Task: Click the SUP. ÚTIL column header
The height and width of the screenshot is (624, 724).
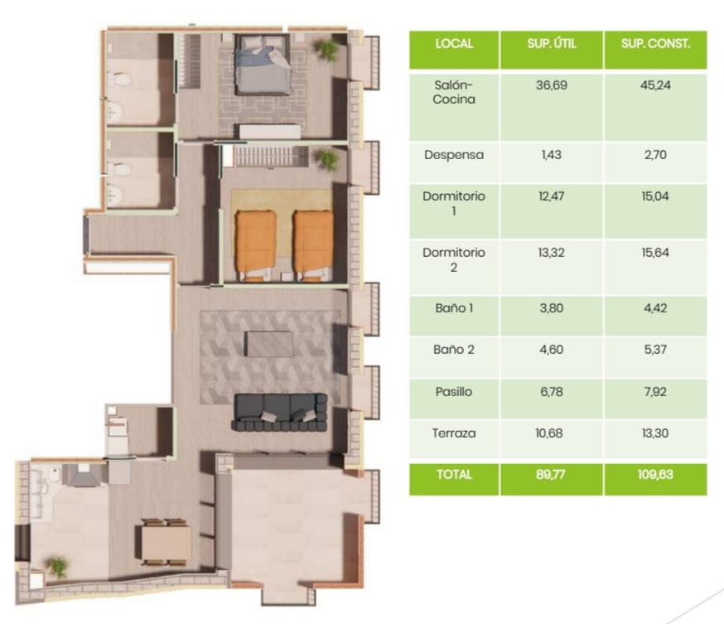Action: tap(552, 44)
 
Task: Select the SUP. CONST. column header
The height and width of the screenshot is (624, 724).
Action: tap(655, 44)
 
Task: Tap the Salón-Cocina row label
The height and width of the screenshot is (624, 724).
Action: tap(454, 92)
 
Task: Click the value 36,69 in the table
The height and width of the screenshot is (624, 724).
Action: tap(552, 85)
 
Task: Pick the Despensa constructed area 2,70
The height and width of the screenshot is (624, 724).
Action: tap(655, 155)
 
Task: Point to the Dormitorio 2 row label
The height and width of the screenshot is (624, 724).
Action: tap(454, 259)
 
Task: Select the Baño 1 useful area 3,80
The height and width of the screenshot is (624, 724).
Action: tap(552, 308)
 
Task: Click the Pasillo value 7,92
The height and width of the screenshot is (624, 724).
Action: tap(655, 392)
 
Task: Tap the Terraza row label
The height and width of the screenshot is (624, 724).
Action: tap(454, 433)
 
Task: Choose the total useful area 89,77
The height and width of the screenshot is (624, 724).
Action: tap(552, 474)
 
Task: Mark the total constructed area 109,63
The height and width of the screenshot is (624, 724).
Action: tap(655, 474)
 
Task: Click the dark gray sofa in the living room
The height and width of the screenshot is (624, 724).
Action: tap(280, 413)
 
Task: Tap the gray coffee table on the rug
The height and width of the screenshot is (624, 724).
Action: tap(269, 344)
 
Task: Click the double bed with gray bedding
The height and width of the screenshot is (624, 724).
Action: tap(263, 64)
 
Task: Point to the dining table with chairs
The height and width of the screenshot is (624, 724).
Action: tap(166, 542)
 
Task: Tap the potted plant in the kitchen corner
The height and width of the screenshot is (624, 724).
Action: tap(58, 567)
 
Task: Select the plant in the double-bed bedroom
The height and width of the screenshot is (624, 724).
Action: tap(326, 49)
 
